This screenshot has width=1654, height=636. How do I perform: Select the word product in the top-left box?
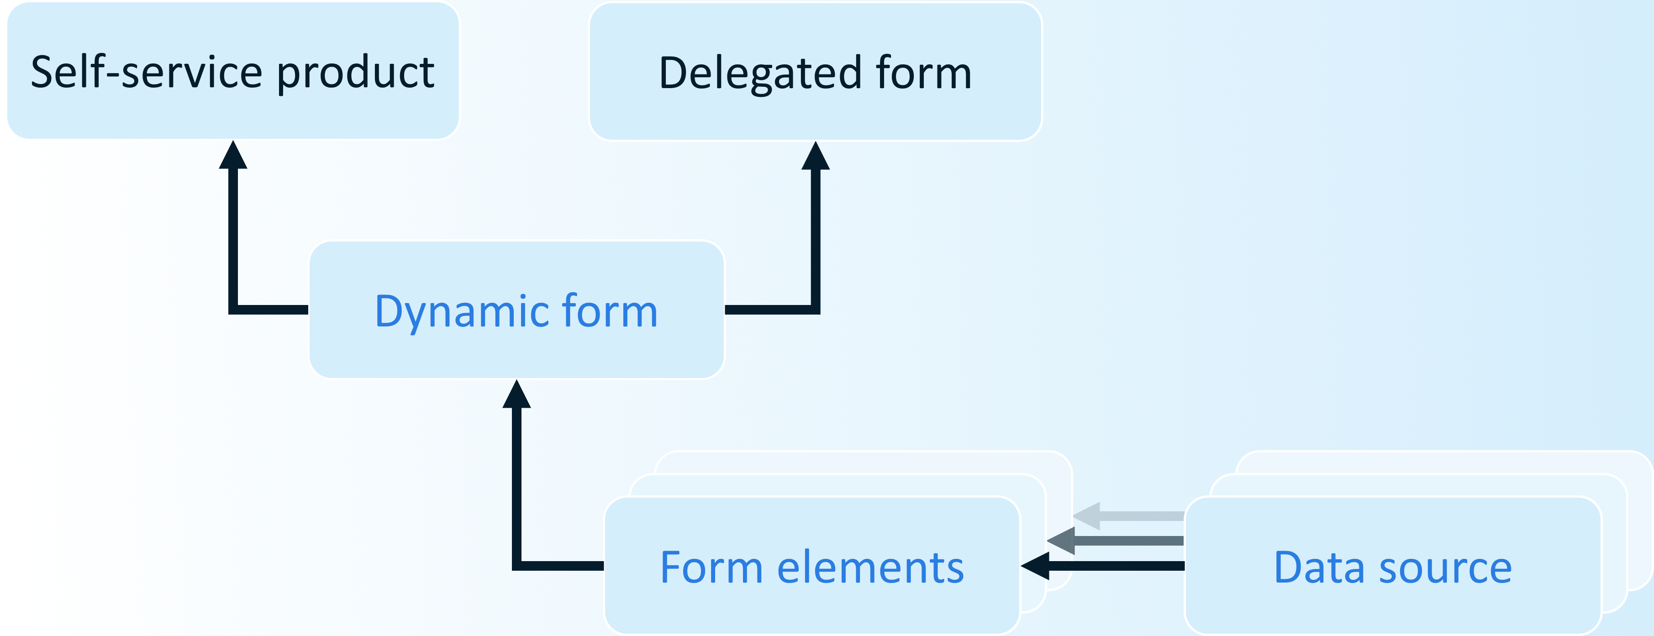coord(356,73)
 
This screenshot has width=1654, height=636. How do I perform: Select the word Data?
coord(1319,568)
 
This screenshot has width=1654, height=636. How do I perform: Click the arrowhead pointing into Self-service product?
coord(233,156)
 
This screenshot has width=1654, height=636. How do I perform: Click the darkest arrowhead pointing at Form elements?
coord(1035,565)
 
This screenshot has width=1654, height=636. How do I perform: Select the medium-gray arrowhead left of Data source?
coord(1061,541)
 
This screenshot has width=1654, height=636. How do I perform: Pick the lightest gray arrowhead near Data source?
coord(1087,516)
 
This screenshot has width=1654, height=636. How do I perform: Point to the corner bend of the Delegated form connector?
coord(816,310)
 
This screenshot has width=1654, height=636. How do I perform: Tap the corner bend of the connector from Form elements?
coord(517,565)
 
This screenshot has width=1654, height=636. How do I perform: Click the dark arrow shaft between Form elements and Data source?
coord(1117,565)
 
